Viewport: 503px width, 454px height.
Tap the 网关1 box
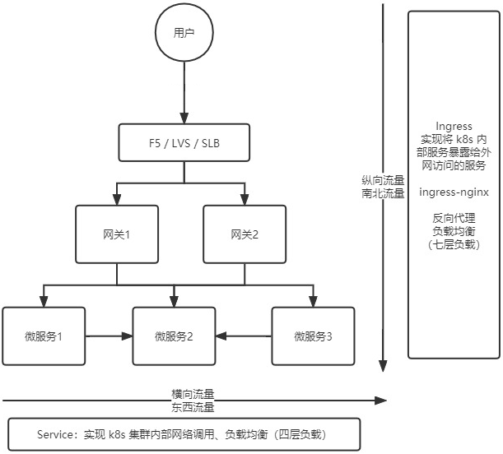(x=116, y=234)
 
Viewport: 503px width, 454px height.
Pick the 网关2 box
(x=245, y=234)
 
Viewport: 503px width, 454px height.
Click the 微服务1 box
(x=44, y=336)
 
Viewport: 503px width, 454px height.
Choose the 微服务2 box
(x=174, y=336)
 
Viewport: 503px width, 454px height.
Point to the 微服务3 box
(x=314, y=336)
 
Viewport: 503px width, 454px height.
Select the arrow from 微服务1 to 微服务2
(x=109, y=336)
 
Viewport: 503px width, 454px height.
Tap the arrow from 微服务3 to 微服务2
(x=245, y=336)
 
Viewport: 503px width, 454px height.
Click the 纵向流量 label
(x=383, y=180)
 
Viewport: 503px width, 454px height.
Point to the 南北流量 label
(x=383, y=193)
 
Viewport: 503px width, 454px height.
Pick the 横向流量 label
(x=193, y=393)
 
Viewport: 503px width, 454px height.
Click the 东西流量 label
(x=193, y=406)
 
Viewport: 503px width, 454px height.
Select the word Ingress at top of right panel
(x=454, y=126)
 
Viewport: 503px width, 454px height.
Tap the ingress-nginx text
(x=454, y=192)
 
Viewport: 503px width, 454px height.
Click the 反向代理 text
(x=454, y=218)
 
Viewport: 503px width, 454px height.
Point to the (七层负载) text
(x=454, y=244)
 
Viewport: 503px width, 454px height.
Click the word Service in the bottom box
(x=56, y=433)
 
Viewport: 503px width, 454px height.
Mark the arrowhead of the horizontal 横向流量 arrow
(x=381, y=401)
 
